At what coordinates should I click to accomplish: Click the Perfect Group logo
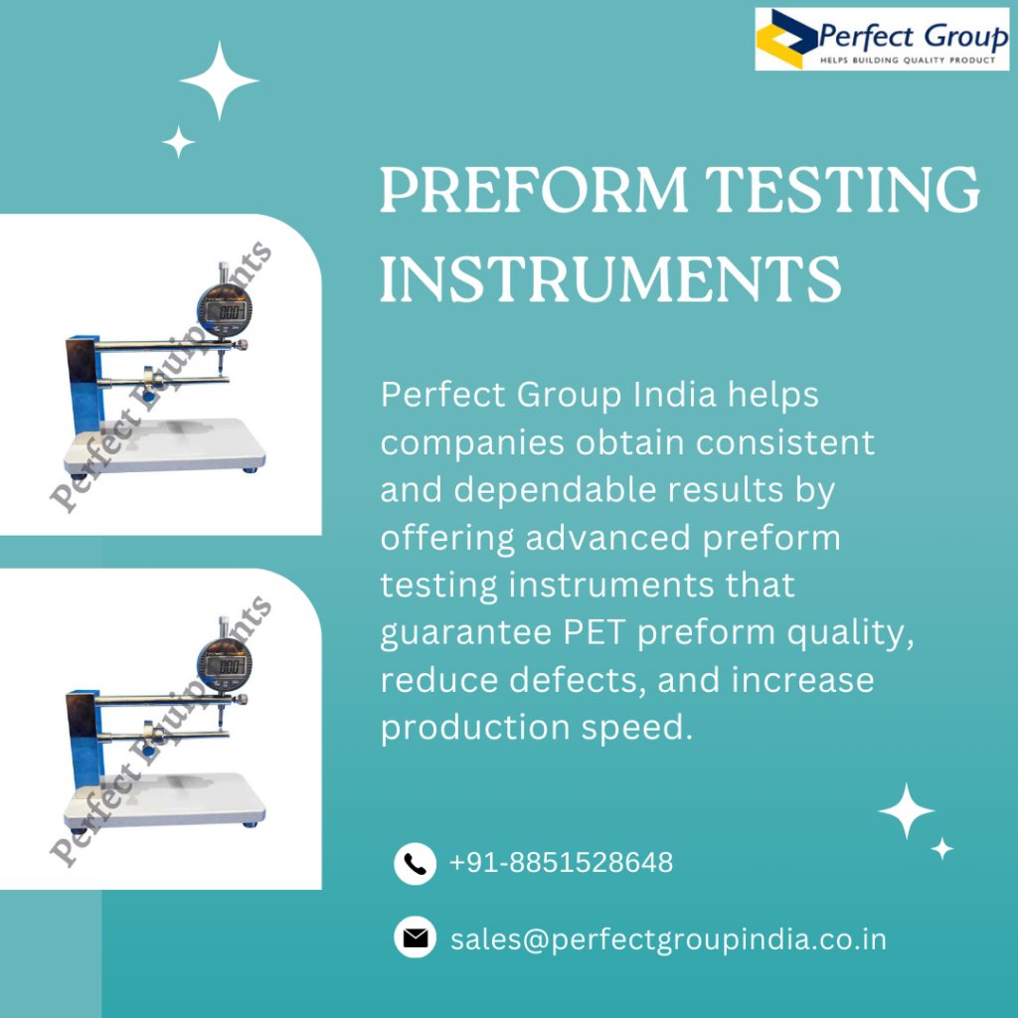(882, 39)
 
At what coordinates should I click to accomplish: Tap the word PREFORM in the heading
(533, 189)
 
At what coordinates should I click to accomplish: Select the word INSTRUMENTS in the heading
(610, 278)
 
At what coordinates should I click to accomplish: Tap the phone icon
(415, 864)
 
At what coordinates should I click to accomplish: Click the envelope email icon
(415, 937)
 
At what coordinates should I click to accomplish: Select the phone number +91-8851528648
(561, 862)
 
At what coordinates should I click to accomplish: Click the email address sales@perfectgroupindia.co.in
(668, 939)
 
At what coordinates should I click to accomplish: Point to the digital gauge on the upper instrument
(225, 310)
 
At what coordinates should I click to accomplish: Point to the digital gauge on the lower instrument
(225, 665)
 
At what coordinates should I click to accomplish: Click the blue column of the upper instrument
(85, 386)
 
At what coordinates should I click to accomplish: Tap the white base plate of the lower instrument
(165, 800)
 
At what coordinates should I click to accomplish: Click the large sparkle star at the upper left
(220, 81)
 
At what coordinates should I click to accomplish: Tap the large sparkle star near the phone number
(907, 811)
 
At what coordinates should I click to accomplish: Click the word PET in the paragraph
(595, 632)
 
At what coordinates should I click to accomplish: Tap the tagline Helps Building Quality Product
(908, 61)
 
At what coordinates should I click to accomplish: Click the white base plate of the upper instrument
(165, 446)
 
